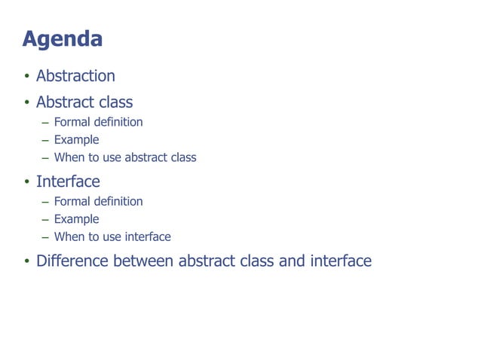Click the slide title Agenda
point(63,39)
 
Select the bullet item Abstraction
point(75,76)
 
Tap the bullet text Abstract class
point(84,102)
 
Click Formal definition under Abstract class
point(98,122)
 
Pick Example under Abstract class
point(76,139)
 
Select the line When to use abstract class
point(124,157)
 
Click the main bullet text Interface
point(68,182)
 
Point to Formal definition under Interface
point(98,201)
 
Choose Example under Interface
point(76,219)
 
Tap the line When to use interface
point(112,236)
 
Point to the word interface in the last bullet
point(341,261)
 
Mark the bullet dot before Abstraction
point(26,77)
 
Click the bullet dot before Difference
point(26,262)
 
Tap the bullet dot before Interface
point(26,182)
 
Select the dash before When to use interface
point(45,237)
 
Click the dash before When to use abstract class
point(45,158)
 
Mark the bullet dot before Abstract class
point(26,102)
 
